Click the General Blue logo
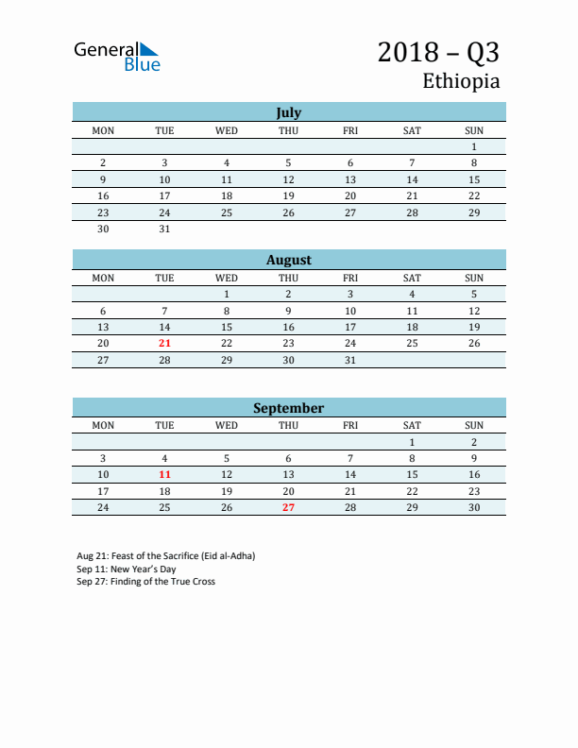point(117,56)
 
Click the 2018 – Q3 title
point(438,52)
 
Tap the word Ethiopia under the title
point(461,81)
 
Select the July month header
point(289,112)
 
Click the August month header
point(289,260)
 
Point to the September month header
point(289,408)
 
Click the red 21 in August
point(165,343)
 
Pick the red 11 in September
point(165,474)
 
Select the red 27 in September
point(289,507)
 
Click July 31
point(165,229)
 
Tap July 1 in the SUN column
point(474,146)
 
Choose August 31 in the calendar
point(350,360)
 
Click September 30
point(474,507)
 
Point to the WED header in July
point(227,130)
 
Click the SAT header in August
point(412,278)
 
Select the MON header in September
point(103,425)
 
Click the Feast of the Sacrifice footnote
point(166,555)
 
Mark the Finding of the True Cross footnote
point(146,582)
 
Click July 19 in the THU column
point(289,195)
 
